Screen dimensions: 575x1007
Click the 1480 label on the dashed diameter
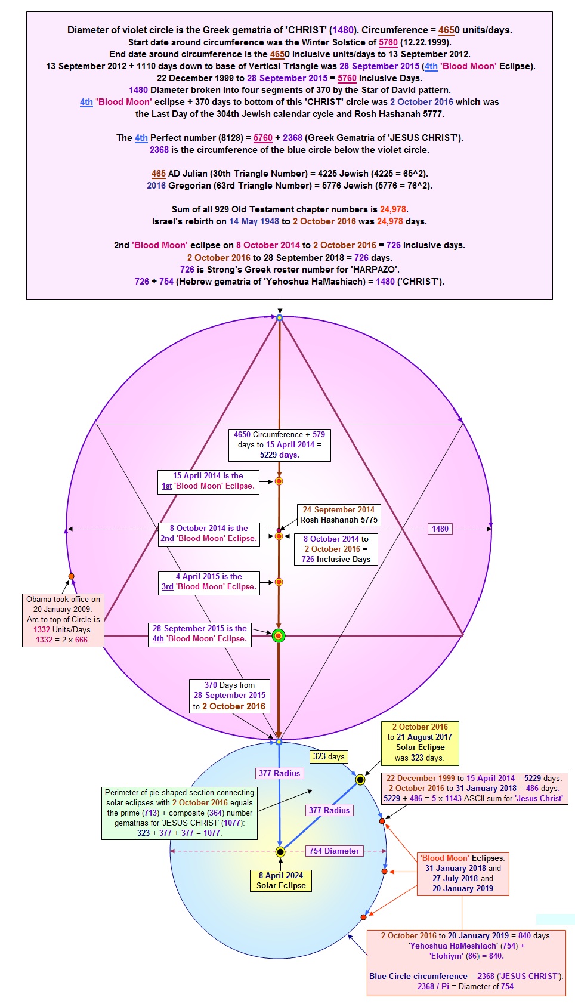(x=440, y=529)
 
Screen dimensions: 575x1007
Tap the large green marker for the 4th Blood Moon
(x=279, y=636)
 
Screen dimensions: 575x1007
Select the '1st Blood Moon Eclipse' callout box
(x=208, y=482)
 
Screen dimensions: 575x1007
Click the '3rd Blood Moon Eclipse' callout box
(x=209, y=583)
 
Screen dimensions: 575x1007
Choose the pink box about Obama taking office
(x=63, y=620)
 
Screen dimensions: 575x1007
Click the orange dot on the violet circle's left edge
(x=71, y=576)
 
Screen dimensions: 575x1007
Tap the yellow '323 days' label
(x=329, y=756)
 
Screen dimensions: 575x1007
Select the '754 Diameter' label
(x=334, y=851)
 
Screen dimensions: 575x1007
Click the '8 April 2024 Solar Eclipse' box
(x=280, y=880)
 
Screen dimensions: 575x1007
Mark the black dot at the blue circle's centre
(x=280, y=851)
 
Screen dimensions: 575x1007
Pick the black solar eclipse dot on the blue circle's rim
(x=360, y=780)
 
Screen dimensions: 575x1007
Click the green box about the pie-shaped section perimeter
(x=180, y=813)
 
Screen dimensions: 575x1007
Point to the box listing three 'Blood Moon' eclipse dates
(x=463, y=873)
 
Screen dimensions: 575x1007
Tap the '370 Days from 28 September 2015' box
(x=230, y=696)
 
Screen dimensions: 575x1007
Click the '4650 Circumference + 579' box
(x=280, y=445)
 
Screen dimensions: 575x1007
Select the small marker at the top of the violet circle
(x=279, y=318)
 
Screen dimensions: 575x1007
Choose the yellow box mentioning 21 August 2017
(x=420, y=743)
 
